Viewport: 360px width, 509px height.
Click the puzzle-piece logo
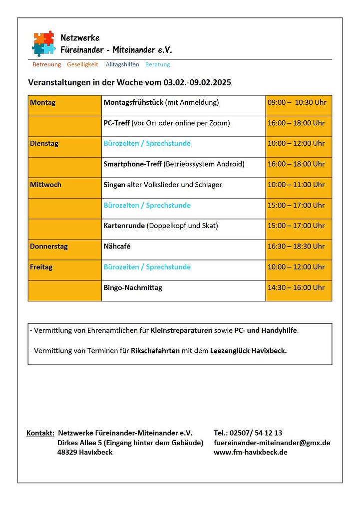(x=43, y=43)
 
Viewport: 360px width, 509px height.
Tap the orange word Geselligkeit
(x=82, y=64)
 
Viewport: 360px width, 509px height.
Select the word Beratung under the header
(x=157, y=64)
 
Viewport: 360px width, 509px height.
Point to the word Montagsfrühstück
(x=133, y=103)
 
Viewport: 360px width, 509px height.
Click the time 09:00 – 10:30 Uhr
(x=297, y=103)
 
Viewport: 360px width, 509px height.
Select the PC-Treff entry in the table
(x=116, y=123)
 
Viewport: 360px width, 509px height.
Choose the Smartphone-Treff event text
(x=132, y=164)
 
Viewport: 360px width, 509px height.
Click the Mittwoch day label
(x=45, y=185)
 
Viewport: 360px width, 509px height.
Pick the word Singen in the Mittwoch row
(x=114, y=185)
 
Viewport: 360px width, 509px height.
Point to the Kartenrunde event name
(x=124, y=226)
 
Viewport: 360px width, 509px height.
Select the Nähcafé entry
(x=117, y=247)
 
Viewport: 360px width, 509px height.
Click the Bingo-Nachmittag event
(x=133, y=288)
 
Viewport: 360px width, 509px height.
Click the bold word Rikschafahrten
(x=155, y=351)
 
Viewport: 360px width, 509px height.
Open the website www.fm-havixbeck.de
(x=250, y=453)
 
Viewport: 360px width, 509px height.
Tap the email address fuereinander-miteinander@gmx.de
(x=272, y=443)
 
